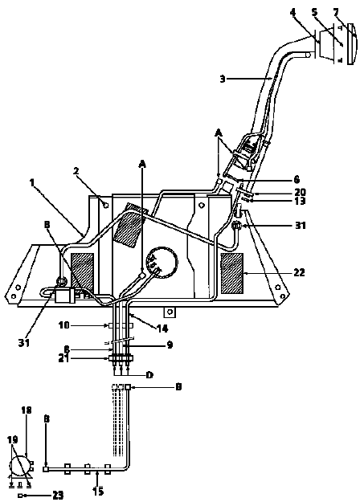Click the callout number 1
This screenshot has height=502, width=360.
pyautogui.click(x=31, y=183)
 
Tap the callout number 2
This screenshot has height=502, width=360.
pyautogui.click(x=76, y=171)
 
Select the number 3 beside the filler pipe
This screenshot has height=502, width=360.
pyautogui.click(x=223, y=79)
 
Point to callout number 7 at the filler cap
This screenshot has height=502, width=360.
pyautogui.click(x=336, y=13)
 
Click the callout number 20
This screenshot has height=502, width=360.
pyautogui.click(x=300, y=192)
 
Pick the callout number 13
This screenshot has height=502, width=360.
pyautogui.click(x=300, y=201)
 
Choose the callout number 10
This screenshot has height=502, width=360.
pyautogui.click(x=64, y=325)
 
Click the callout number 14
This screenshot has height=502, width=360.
pyautogui.click(x=162, y=329)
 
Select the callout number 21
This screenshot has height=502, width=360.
pyautogui.click(x=64, y=359)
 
